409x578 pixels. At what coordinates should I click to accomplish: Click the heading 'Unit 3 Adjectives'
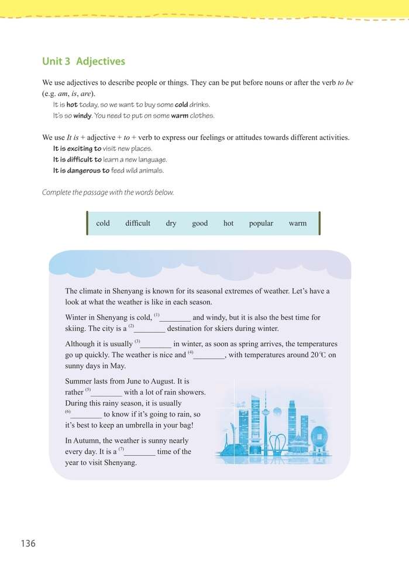point(84,61)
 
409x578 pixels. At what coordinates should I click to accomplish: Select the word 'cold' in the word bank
point(103,223)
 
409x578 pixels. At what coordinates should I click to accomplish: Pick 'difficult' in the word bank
point(138,223)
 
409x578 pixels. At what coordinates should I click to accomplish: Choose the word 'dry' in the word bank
point(171,223)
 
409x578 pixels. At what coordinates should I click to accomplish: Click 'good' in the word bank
point(200,223)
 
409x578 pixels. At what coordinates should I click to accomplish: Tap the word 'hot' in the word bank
point(228,223)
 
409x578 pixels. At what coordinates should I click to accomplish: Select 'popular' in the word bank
point(261,223)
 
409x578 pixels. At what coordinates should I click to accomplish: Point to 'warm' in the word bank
point(297,223)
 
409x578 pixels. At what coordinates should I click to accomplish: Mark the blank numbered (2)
point(149,329)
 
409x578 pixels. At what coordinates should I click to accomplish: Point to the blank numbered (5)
point(106,393)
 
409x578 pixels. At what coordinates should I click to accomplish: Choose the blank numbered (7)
point(139,452)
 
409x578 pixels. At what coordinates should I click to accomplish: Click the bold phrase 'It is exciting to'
point(77,149)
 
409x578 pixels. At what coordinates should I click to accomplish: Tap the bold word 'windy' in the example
point(82,116)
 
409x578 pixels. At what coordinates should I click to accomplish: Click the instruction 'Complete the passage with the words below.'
point(108,192)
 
